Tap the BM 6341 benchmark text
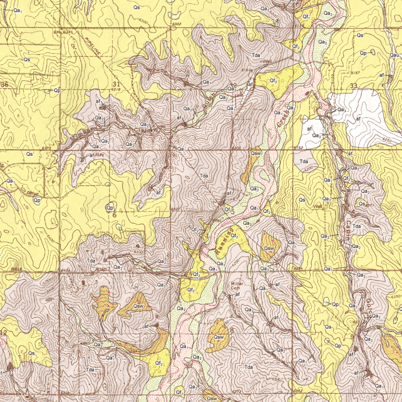tap(63, 32)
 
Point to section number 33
tap(354, 86)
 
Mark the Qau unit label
tap(394, 55)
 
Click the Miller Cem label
tap(237, 286)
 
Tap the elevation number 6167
tap(356, 73)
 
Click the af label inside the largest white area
tap(358, 119)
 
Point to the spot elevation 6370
tap(47, 148)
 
